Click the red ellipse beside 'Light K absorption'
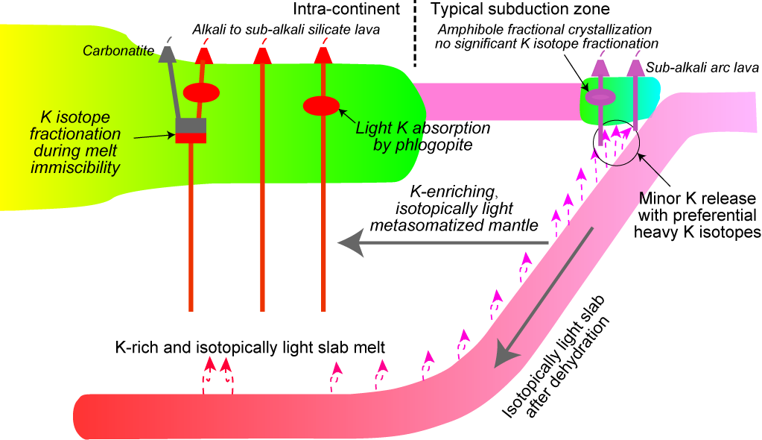(321, 106)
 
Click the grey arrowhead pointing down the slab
(509, 354)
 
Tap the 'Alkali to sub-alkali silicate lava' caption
(286, 30)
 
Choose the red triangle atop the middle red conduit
(261, 55)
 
